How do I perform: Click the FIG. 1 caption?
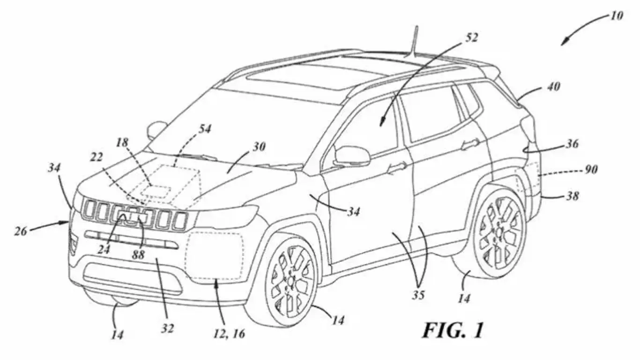pos(453,330)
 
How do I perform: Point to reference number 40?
pos(553,87)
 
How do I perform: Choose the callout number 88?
pos(139,255)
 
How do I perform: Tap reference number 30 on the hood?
pos(259,147)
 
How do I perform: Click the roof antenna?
pos(415,42)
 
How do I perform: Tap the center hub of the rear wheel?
pos(500,231)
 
